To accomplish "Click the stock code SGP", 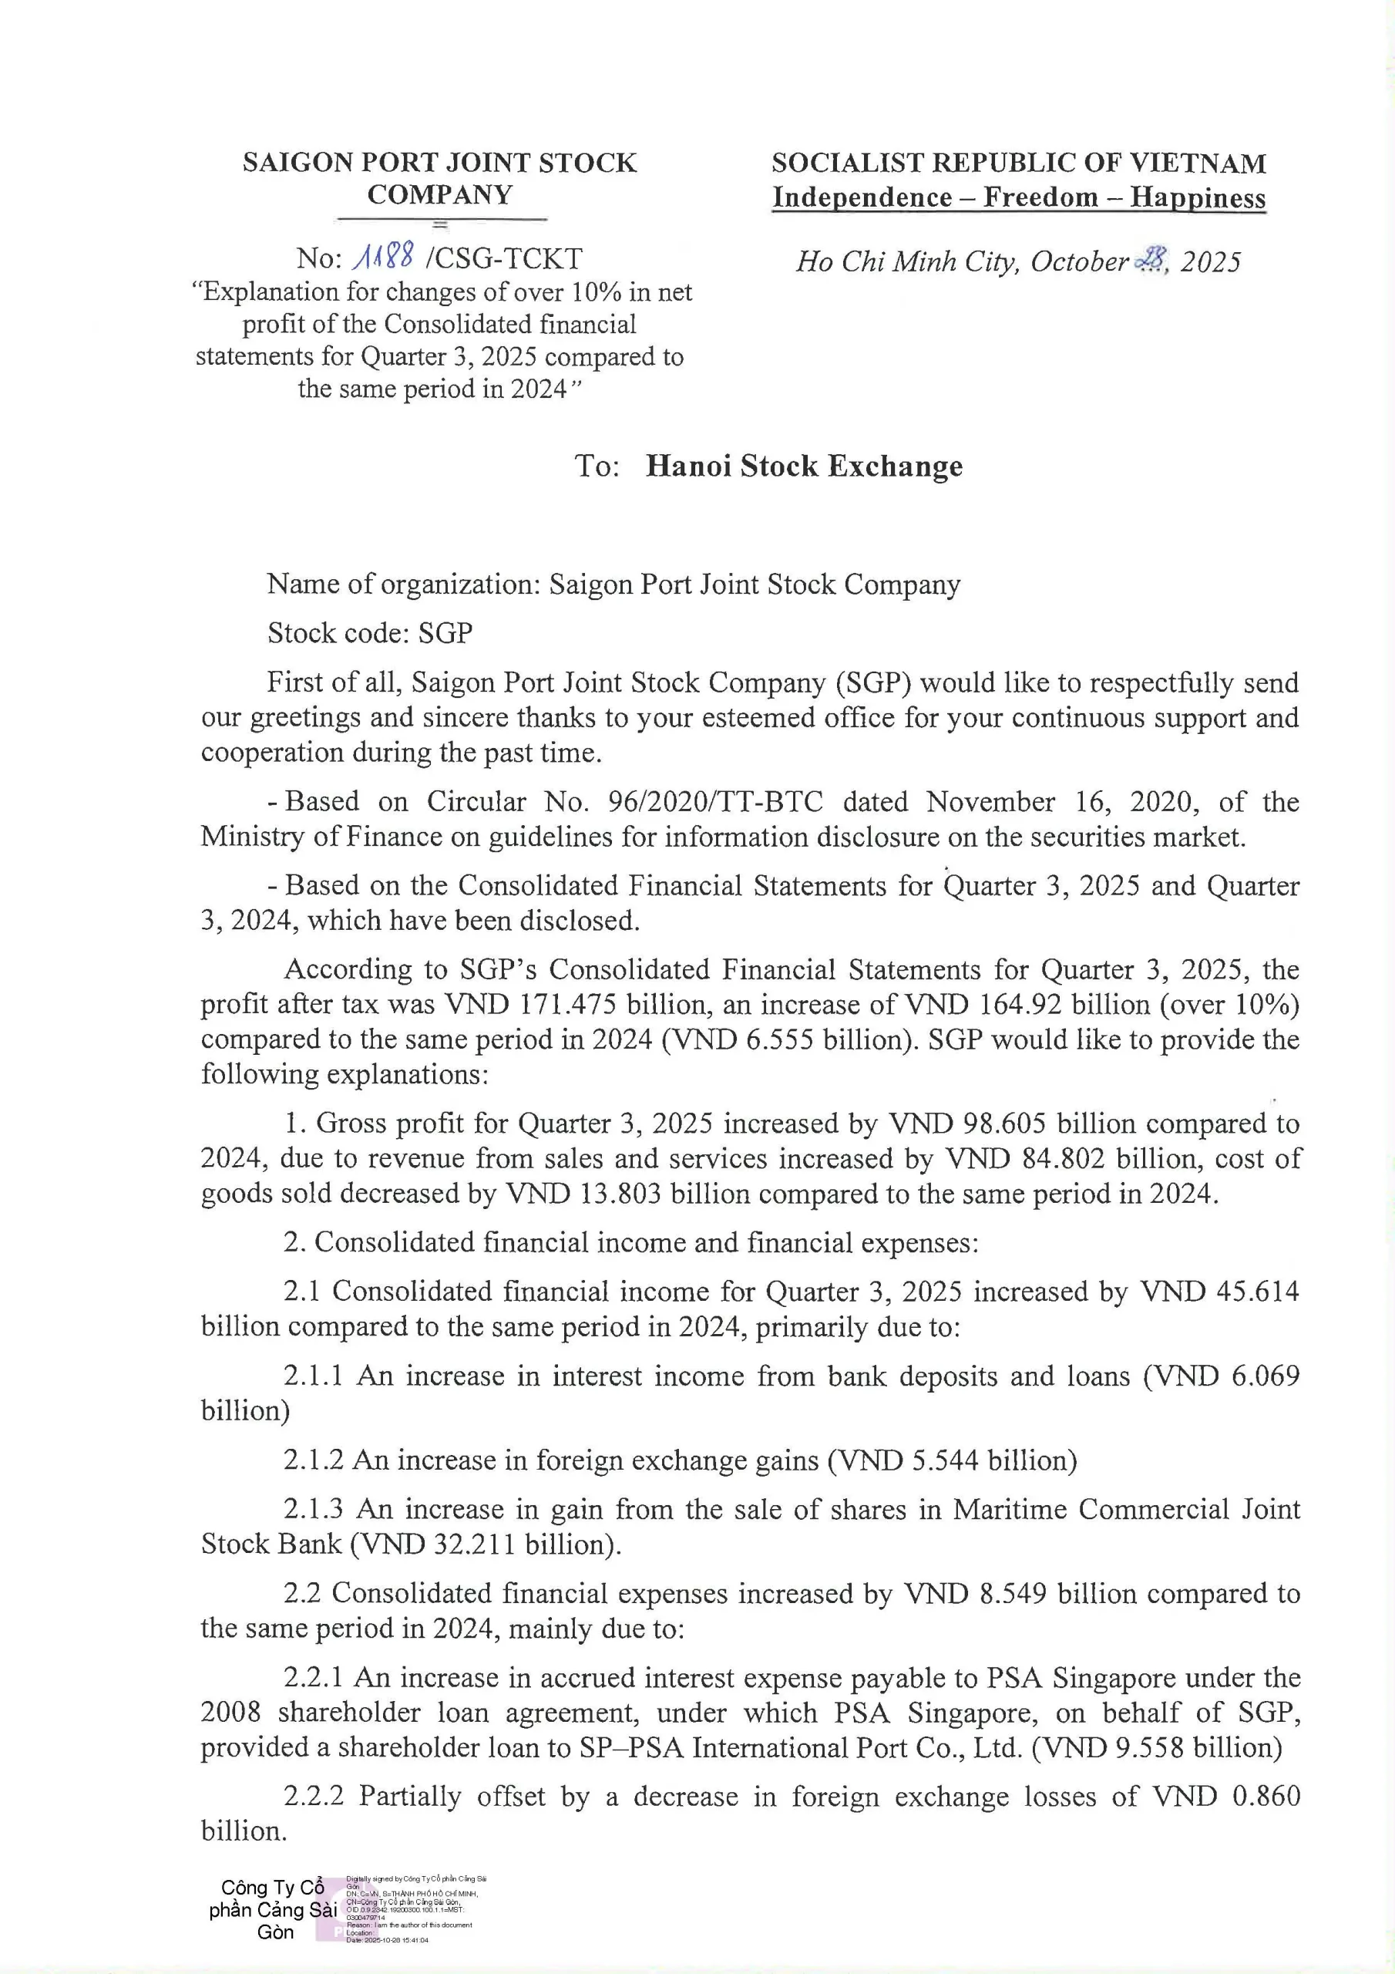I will point(445,633).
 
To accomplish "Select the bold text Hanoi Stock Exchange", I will point(804,466).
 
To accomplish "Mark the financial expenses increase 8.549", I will point(1013,1593).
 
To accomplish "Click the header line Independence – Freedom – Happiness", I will point(1019,197).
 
